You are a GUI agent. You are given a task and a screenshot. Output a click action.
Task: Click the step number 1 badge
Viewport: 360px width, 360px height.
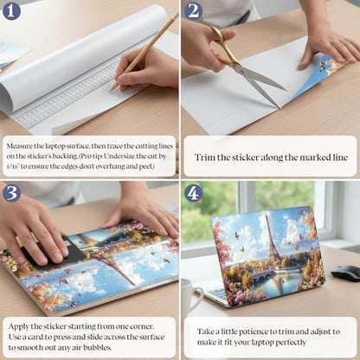(11, 11)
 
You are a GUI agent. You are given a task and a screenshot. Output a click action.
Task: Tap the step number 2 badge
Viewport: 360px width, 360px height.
(194, 11)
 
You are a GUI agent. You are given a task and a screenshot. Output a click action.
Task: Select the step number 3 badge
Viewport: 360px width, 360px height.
(11, 192)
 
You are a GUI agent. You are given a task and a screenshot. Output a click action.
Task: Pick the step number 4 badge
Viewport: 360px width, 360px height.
(194, 192)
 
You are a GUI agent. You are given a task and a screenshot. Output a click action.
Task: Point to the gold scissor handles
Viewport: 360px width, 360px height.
(222, 46)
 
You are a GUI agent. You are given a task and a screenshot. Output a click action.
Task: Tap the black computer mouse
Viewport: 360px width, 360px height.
(345, 273)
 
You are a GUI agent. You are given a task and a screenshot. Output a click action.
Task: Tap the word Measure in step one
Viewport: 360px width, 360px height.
(19, 145)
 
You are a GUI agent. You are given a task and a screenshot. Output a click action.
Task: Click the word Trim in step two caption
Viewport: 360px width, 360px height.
(204, 157)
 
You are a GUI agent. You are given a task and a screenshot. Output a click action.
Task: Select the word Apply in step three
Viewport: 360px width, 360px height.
(18, 327)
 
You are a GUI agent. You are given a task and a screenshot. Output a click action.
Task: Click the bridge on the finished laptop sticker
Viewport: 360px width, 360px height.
(265, 273)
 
